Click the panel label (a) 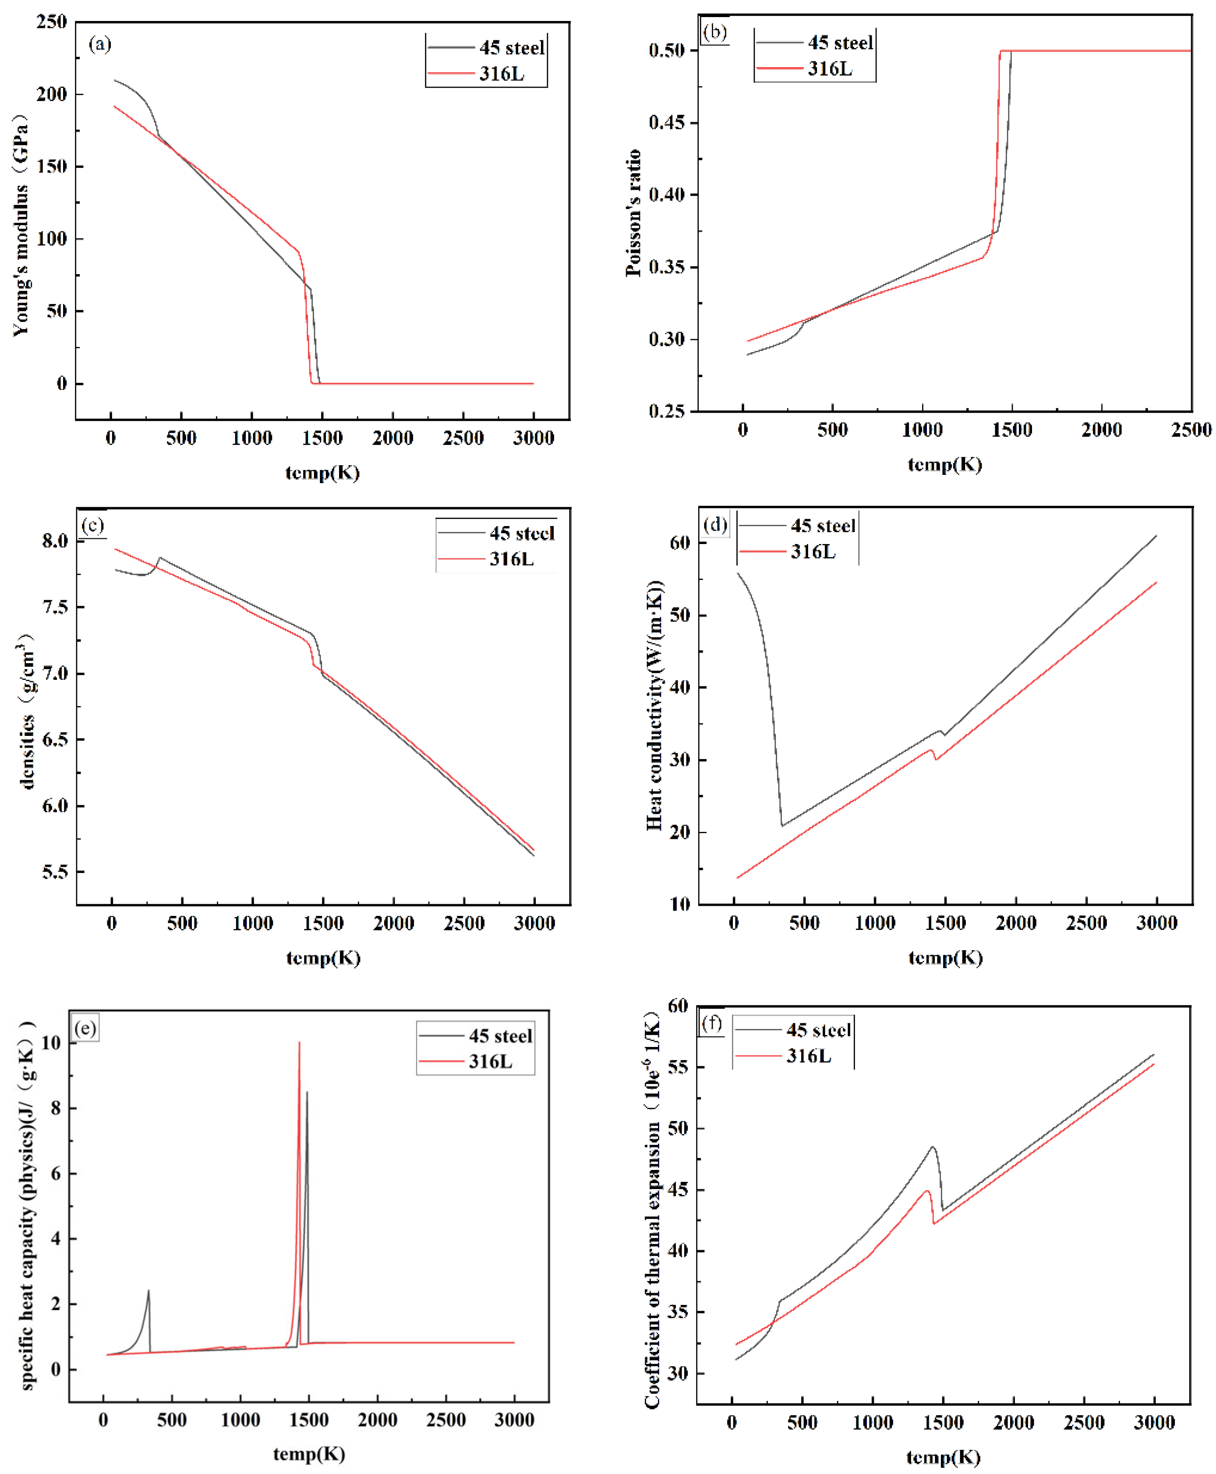[99, 44]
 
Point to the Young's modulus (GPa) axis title [21, 224]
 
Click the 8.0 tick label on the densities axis [55, 541]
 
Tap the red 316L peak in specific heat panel [299, 1043]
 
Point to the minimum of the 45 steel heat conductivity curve [782, 825]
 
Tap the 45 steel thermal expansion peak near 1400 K [932, 1147]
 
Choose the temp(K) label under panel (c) [323, 958]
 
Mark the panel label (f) [712, 1024]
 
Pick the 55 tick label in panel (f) [677, 1067]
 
